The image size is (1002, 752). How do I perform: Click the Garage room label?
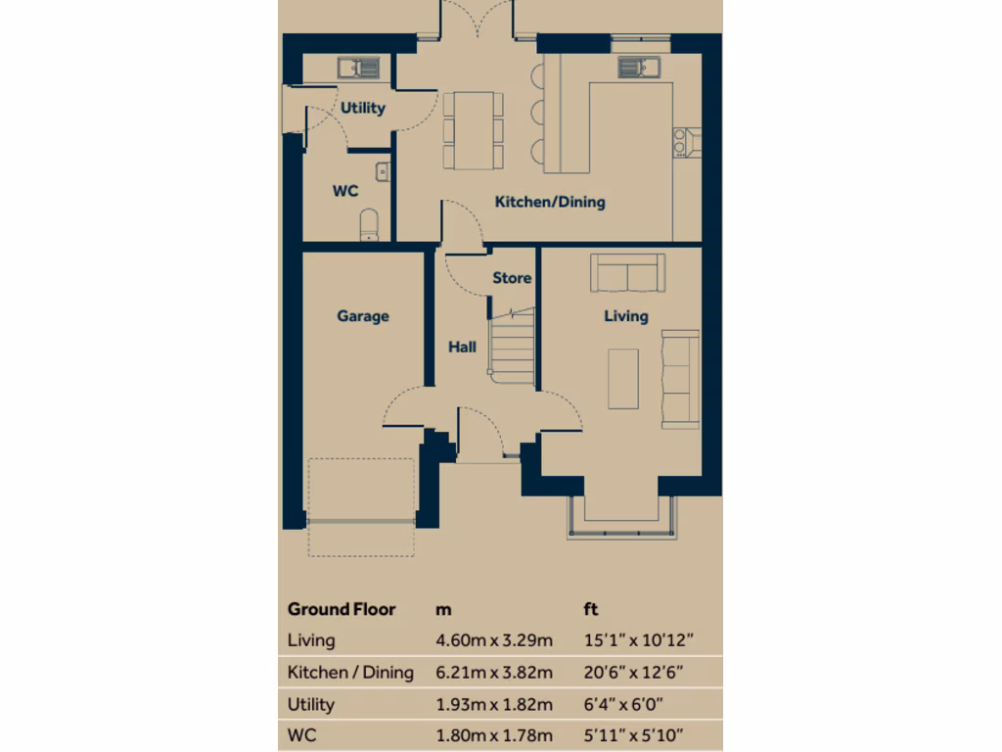363,316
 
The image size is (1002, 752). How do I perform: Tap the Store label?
512,278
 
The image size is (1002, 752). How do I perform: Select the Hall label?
463,347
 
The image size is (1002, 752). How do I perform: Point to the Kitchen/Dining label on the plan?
550,203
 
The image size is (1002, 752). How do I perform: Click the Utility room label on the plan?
363,108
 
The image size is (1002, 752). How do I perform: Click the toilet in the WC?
369,224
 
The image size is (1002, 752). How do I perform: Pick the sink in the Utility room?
359,68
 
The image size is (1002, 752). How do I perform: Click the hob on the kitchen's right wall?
684,143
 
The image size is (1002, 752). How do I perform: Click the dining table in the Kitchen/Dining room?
474,129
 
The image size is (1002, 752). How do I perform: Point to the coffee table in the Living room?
623,378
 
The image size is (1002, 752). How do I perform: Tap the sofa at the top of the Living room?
627,273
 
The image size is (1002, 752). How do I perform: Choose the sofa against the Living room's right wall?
680,378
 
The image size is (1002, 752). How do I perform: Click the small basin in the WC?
383,172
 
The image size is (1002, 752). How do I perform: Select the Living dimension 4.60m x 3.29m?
494,640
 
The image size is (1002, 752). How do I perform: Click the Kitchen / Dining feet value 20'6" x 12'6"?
632,673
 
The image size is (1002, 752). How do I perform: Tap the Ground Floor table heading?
342,609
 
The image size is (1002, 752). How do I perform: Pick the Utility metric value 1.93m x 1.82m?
494,704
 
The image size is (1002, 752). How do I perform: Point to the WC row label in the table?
301,735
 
